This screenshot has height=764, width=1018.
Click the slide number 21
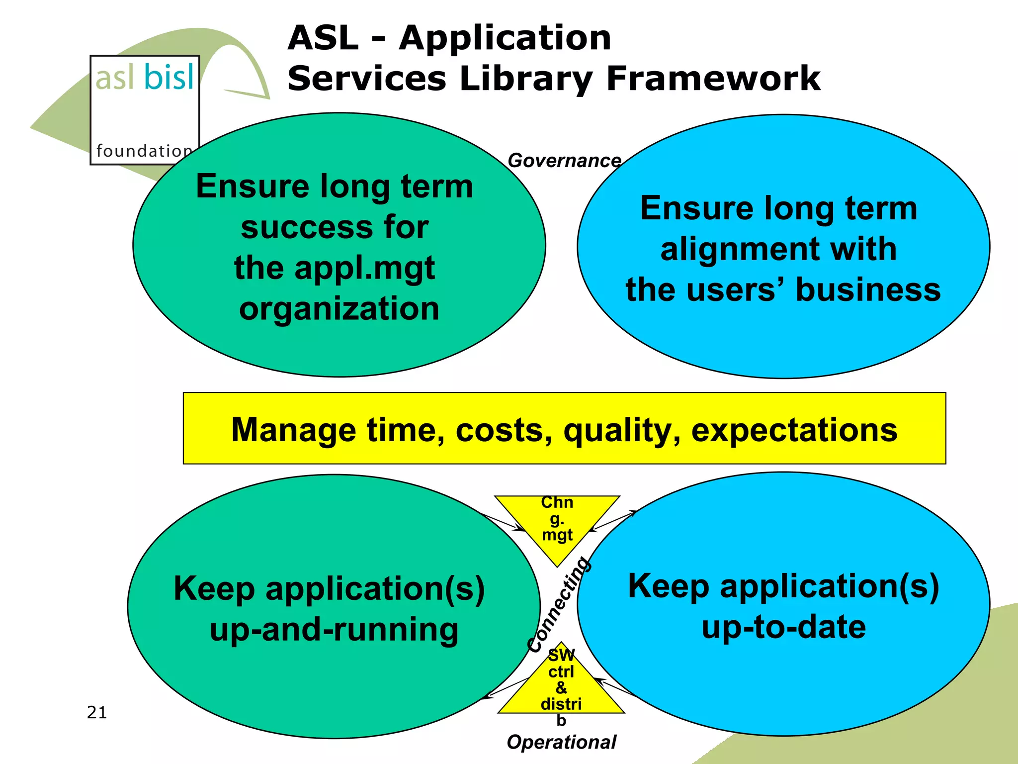pyautogui.click(x=97, y=712)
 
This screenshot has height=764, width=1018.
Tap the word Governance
pyautogui.click(x=564, y=161)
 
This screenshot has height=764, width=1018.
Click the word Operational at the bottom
pyautogui.click(x=561, y=742)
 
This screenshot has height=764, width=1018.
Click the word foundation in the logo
pyautogui.click(x=144, y=151)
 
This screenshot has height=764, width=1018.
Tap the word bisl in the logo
pyautogui.click(x=169, y=78)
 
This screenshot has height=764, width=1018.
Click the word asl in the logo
pyautogui.click(x=115, y=78)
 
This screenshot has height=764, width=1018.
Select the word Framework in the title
pyautogui.click(x=713, y=79)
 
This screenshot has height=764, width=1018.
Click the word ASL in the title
pyautogui.click(x=323, y=38)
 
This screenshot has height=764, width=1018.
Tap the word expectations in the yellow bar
pyautogui.click(x=794, y=430)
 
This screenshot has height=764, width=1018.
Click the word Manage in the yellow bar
pyautogui.click(x=294, y=430)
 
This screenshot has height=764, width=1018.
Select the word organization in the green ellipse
pyautogui.click(x=339, y=309)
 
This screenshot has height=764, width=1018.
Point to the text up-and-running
pyautogui.click(x=334, y=630)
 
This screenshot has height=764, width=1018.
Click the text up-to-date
pyautogui.click(x=783, y=627)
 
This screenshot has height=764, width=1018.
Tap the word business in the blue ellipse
pyautogui.click(x=868, y=290)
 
